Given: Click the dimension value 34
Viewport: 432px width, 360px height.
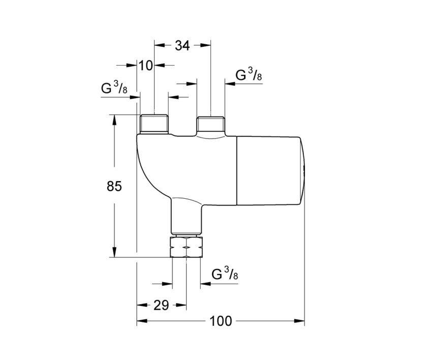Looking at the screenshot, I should [182, 45].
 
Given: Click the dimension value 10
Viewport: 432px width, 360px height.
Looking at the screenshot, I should [146, 65].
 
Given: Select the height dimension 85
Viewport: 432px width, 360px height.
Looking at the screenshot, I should [114, 187].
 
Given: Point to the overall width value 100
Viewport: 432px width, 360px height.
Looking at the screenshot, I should [220, 321].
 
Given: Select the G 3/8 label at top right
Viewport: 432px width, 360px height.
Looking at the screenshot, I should [249, 76].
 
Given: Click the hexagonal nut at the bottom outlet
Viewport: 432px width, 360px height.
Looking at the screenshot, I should [187, 247].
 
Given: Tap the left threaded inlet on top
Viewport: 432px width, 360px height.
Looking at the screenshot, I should [154, 124].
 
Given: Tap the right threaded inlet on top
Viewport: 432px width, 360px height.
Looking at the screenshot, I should [210, 124].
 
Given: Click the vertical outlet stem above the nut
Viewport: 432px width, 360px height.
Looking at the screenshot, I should [187, 219].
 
